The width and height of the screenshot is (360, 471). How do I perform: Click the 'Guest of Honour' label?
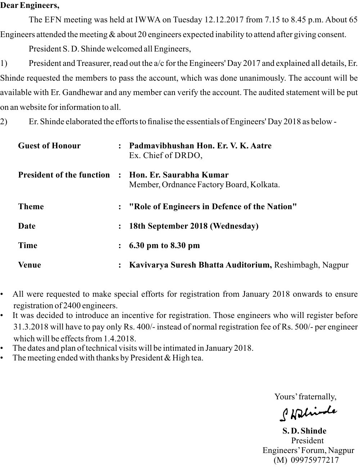coord(49,146)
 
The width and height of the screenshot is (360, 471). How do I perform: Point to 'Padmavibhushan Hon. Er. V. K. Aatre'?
coord(200,146)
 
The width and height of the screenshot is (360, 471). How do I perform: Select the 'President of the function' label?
coord(64,175)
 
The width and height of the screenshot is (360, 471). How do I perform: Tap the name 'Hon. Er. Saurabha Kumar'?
coord(179,175)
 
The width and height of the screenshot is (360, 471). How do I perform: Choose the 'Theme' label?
coord(31,207)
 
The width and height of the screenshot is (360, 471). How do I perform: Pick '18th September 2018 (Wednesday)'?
coord(194,226)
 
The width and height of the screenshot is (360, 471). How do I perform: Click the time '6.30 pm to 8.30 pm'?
coord(164,246)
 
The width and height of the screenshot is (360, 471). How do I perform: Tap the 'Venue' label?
coord(30,265)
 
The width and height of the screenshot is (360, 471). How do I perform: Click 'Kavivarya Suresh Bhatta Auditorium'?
coord(200,265)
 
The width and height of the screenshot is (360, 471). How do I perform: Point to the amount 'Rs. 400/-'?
coord(141,327)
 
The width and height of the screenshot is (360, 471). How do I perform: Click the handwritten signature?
coord(308,413)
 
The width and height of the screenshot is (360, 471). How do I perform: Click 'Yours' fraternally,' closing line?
coord(305,396)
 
